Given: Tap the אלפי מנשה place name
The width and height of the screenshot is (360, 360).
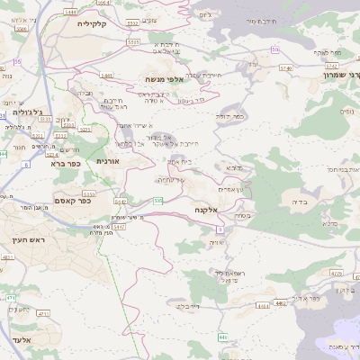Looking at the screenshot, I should tap(165, 80).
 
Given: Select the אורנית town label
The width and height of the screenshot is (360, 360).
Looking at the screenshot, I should tap(107, 160).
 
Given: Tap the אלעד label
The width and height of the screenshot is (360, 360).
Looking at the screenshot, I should tap(22, 339).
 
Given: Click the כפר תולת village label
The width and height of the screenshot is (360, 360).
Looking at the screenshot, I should tap(230, 116).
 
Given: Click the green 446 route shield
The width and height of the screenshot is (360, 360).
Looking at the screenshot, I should tap(222, 337).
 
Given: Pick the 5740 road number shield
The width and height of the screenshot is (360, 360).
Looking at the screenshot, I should tap(286, 67).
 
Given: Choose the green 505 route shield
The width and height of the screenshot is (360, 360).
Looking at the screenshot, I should tap(158, 200).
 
